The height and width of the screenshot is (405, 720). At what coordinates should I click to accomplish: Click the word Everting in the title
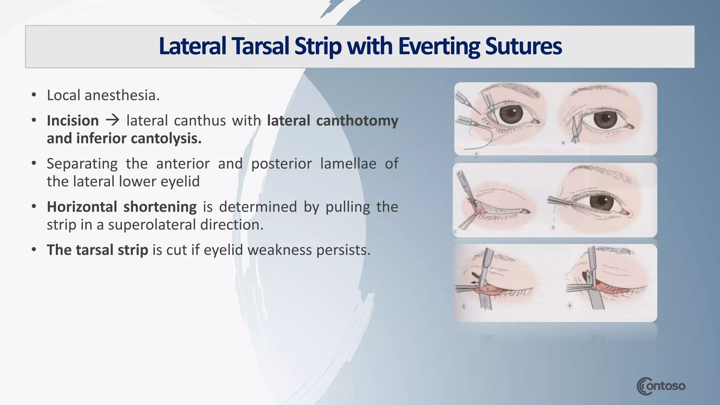coord(439,46)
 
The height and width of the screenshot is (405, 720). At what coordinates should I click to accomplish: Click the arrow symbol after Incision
coord(112,121)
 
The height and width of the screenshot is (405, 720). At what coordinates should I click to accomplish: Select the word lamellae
coord(348,164)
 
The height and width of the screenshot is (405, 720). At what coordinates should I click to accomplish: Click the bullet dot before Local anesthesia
coord(34,95)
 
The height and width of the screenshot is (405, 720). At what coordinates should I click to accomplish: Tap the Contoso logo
coord(661,386)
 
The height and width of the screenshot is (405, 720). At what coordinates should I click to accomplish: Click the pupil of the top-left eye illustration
coord(510,114)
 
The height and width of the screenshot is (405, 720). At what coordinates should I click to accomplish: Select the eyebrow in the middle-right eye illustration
coord(598,172)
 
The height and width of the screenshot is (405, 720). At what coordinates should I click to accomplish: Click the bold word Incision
coord(73,121)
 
